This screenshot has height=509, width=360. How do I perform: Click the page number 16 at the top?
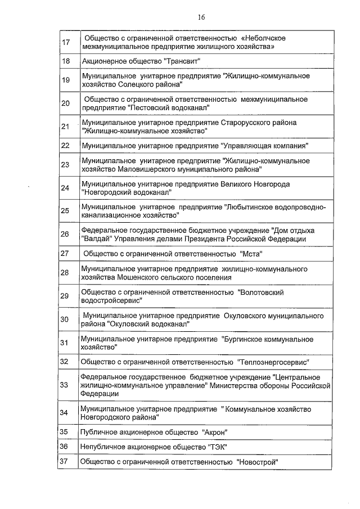click(201, 17)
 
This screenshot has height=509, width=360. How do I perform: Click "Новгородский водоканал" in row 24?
click(127, 192)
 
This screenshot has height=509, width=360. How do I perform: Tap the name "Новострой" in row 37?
click(258, 462)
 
